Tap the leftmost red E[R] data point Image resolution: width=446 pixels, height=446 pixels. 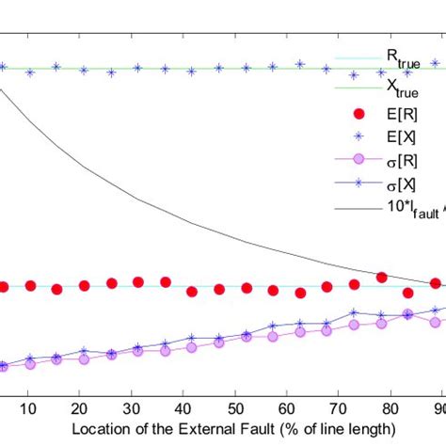coord(5,287)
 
